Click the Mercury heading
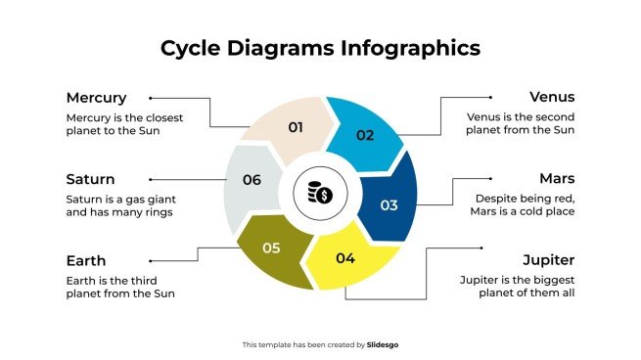click(x=96, y=98)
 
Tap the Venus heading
click(x=552, y=98)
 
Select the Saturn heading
click(x=90, y=179)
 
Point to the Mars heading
click(x=557, y=179)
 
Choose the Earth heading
click(x=86, y=261)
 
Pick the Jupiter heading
click(x=547, y=261)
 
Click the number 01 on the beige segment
click(x=296, y=127)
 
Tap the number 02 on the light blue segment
click(x=364, y=135)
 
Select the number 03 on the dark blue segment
click(x=389, y=205)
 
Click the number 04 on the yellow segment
click(x=344, y=258)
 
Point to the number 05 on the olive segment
click(x=271, y=248)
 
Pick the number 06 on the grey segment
click(x=252, y=180)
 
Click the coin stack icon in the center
click(x=320, y=193)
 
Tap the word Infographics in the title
click(x=404, y=48)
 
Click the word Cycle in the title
click(x=192, y=48)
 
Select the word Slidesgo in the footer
click(x=383, y=344)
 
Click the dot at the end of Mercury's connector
click(x=151, y=98)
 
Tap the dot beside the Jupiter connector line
click(x=428, y=250)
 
